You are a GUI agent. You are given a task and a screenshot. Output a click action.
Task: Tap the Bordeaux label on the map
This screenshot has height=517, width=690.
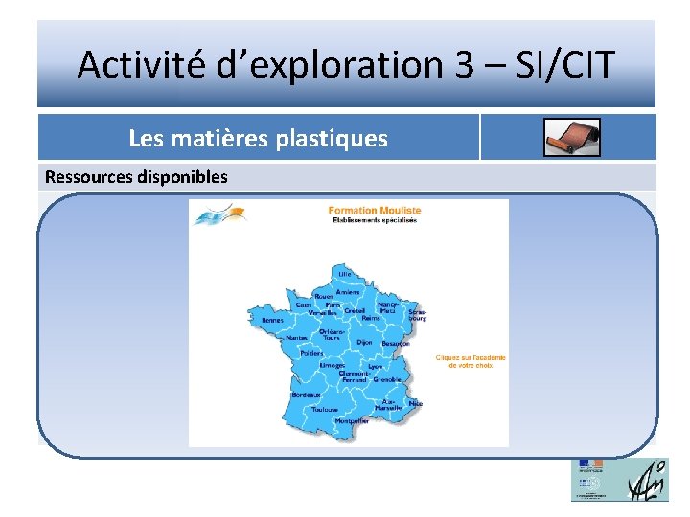[307, 395]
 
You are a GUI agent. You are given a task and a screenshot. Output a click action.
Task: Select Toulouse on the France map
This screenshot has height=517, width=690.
[325, 410]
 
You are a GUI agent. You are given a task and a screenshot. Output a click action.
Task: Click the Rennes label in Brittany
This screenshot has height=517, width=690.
[273, 320]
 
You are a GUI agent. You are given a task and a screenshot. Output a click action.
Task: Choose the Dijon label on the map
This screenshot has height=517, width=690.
[364, 342]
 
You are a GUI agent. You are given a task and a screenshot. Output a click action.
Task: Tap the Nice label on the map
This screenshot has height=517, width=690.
[416, 404]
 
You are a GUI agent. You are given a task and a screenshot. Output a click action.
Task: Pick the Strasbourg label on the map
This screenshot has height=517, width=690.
[417, 314]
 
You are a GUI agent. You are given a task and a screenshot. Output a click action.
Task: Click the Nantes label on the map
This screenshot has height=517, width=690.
[297, 338]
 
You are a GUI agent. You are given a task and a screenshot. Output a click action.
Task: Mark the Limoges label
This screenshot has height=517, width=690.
[333, 365]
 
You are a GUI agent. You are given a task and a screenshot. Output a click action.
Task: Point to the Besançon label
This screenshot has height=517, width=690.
[396, 344]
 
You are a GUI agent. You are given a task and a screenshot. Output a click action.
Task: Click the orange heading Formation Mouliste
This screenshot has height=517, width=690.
[374, 211]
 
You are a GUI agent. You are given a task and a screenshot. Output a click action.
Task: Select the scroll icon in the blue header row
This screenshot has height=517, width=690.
[571, 138]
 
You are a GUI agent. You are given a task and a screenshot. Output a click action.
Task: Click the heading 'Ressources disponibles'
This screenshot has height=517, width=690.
[137, 177]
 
